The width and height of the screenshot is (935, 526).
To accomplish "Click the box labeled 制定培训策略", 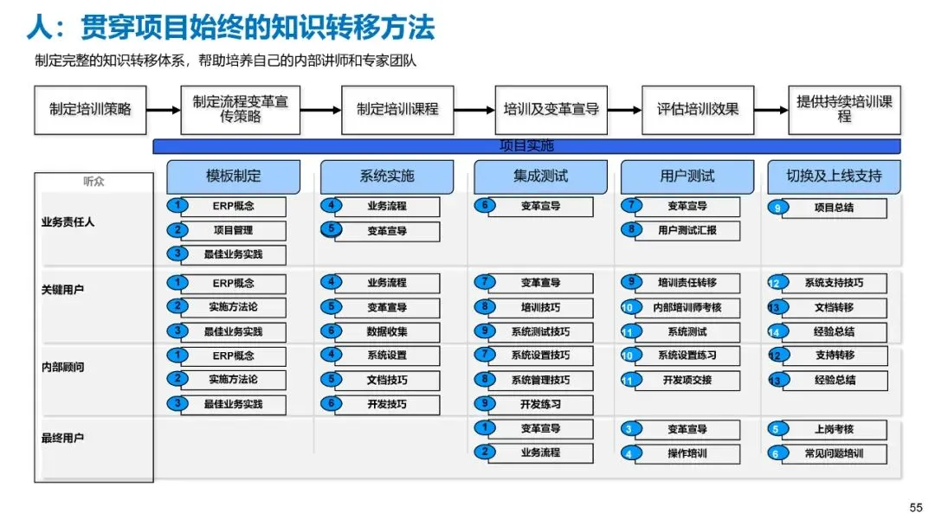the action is pos(90,110).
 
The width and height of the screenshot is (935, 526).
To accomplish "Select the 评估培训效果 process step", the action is pos(698,110).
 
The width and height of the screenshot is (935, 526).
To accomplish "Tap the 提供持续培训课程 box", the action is pos(844,110).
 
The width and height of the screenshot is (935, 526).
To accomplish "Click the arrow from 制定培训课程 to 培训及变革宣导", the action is pos(474,110).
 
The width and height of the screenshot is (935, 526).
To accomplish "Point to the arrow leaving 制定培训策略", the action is pos(164,110).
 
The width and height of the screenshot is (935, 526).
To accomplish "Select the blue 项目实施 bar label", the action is pos(526,146).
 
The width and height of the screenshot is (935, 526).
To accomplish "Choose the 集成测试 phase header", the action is pos(541,176).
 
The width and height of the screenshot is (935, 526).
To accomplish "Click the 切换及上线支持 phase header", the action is pos(834,176).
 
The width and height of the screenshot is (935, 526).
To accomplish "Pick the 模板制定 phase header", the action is pos(233,176).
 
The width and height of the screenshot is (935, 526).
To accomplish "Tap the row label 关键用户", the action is pos(62,290).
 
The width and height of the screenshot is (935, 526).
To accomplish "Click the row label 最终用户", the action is pos(62,438).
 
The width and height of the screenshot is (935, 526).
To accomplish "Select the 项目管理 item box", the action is pos(233,230).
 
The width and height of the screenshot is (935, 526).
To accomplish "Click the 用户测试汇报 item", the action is pos(687,230).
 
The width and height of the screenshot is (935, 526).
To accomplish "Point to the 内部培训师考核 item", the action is pos(687,307).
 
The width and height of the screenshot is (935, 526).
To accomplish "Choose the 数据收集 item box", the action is pos(387,332).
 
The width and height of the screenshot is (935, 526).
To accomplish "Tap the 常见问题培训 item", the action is pos(835,454).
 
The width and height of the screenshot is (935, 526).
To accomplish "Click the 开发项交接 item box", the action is pos(687,380).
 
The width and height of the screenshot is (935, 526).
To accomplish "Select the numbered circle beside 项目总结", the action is pos(777,208).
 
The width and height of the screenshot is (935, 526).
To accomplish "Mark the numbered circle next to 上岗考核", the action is pos(777,429).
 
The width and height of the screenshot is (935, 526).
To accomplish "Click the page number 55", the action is pos(917,508).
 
